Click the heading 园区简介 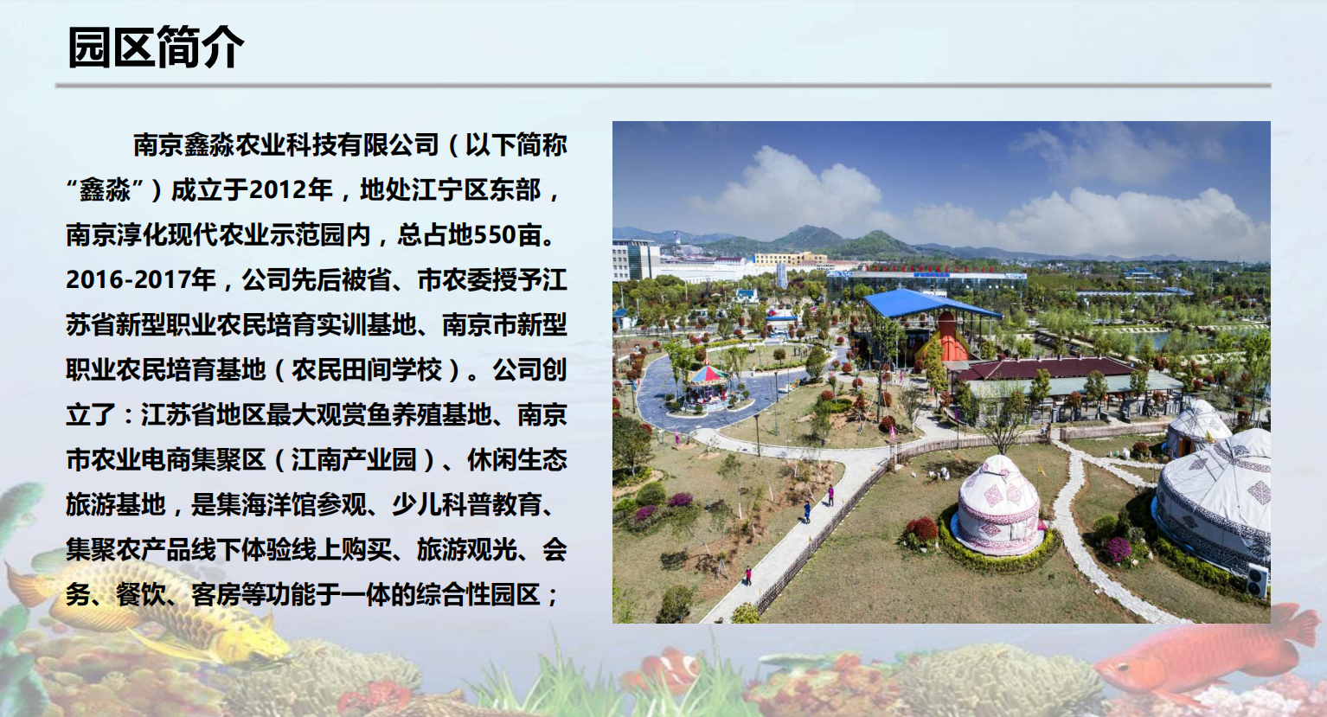click(156, 48)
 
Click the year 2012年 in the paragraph click(291, 190)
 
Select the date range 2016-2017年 click(141, 280)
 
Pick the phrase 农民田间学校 click(367, 370)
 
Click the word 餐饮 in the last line click(141, 595)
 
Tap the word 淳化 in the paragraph click(141, 235)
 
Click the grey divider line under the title click(663, 86)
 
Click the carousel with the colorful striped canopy click(708, 387)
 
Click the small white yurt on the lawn click(998, 505)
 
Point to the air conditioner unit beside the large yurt click(1257, 581)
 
